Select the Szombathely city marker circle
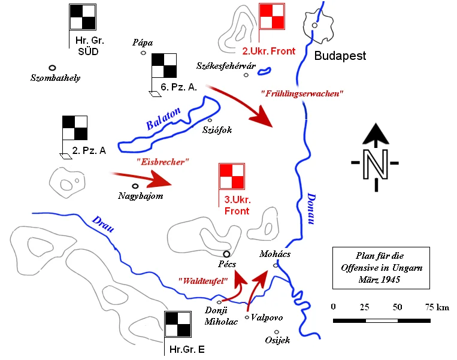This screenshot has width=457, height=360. pyautogui.click(x=53, y=68)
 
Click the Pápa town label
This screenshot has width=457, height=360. pyautogui.click(x=144, y=43)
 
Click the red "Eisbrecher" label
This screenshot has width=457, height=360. pyautogui.click(x=162, y=161)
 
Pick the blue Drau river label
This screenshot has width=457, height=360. pyautogui.click(x=104, y=223)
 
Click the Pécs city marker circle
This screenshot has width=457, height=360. pyautogui.click(x=227, y=253)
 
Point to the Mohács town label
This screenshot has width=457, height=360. pyautogui.click(x=274, y=254)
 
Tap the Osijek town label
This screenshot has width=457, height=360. pyautogui.click(x=277, y=340)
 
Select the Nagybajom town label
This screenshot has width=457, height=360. pyautogui.click(x=141, y=196)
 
